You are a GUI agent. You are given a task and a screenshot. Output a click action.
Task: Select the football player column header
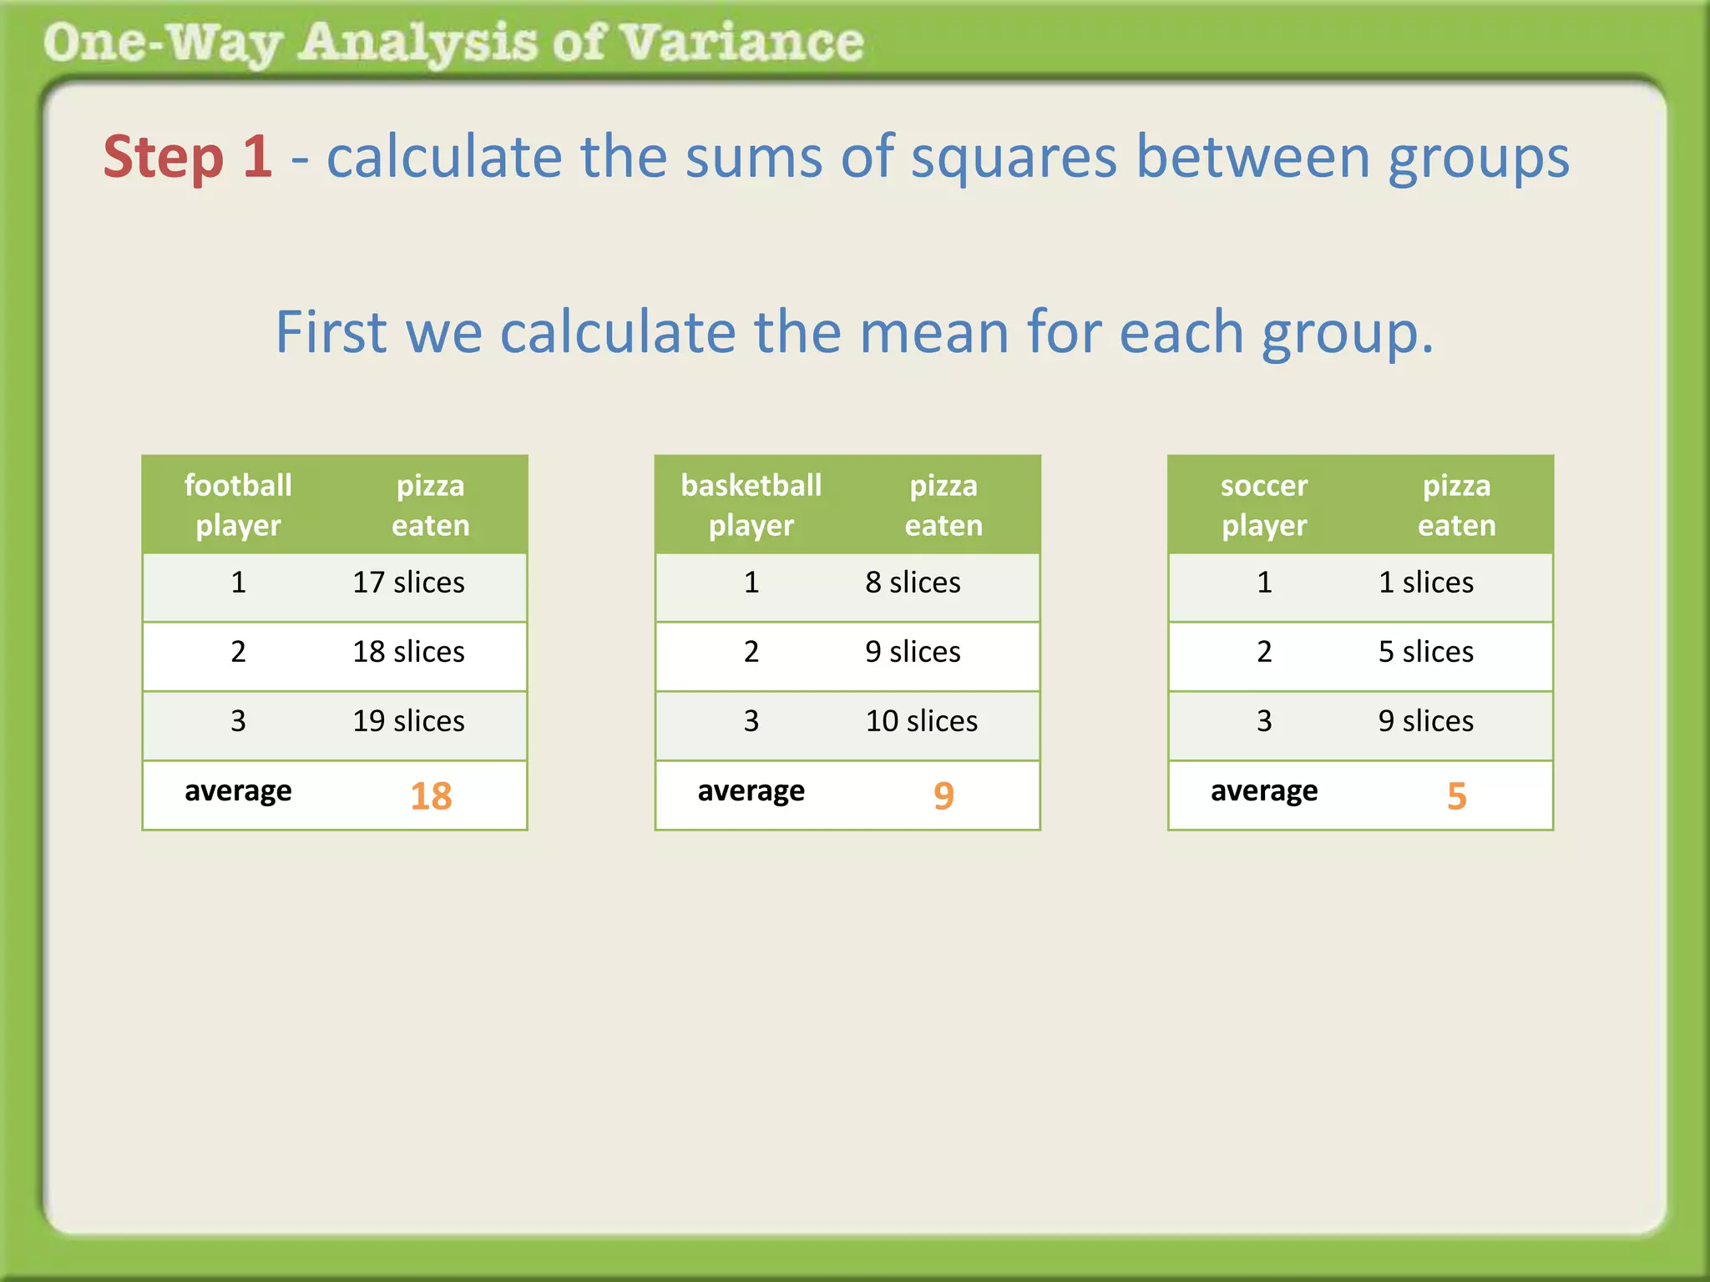238,505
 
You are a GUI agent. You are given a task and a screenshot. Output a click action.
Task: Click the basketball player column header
751,505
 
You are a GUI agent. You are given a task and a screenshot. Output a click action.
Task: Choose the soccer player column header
1264,505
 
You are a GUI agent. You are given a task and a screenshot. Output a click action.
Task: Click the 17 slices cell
408,583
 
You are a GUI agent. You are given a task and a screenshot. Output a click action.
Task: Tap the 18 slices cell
408,652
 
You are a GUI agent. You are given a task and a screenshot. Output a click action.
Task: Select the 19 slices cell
408,721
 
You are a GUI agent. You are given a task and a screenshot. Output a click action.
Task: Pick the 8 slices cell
913,583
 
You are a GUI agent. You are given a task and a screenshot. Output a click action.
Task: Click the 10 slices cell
921,721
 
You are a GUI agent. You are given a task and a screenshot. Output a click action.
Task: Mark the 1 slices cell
1425,583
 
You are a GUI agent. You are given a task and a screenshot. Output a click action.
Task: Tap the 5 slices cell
1425,652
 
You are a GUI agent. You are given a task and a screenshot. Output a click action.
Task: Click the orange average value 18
431,796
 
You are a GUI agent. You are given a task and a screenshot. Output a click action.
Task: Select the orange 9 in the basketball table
944,796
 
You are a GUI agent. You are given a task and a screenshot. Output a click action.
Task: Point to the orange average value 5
1456,796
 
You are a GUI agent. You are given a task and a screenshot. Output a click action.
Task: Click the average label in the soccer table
1264,791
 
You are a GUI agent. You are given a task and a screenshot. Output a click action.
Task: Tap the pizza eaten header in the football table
431,505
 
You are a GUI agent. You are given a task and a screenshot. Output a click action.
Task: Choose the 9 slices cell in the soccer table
1425,721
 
